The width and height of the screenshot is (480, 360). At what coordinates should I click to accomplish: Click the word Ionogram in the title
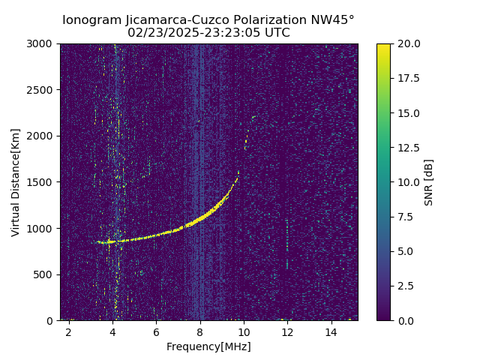[x=89, y=20]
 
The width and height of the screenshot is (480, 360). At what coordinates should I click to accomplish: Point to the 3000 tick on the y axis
[x=43, y=43]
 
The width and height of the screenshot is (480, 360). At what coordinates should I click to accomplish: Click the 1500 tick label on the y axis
[x=43, y=182]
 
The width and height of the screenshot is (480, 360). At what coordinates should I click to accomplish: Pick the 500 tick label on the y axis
[x=46, y=274]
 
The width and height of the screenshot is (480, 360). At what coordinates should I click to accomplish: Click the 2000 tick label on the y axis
[x=43, y=136]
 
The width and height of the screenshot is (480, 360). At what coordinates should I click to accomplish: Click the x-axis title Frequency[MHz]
[x=208, y=346]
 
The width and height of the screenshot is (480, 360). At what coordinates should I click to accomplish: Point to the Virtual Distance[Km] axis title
[x=16, y=182]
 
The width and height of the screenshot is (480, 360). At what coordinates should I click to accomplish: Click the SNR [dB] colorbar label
[x=429, y=182]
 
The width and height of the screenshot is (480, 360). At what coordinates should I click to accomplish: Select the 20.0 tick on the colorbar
[x=409, y=43]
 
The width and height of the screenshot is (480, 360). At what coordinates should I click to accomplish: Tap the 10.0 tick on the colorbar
[x=409, y=182]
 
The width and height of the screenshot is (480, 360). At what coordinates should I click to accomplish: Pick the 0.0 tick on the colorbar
[x=406, y=320]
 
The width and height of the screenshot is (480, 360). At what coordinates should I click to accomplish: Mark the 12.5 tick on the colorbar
[x=409, y=148]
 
